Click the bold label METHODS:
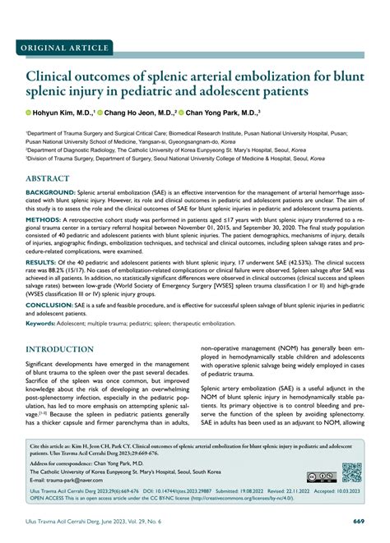(43, 221)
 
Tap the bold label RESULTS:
(40, 261)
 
